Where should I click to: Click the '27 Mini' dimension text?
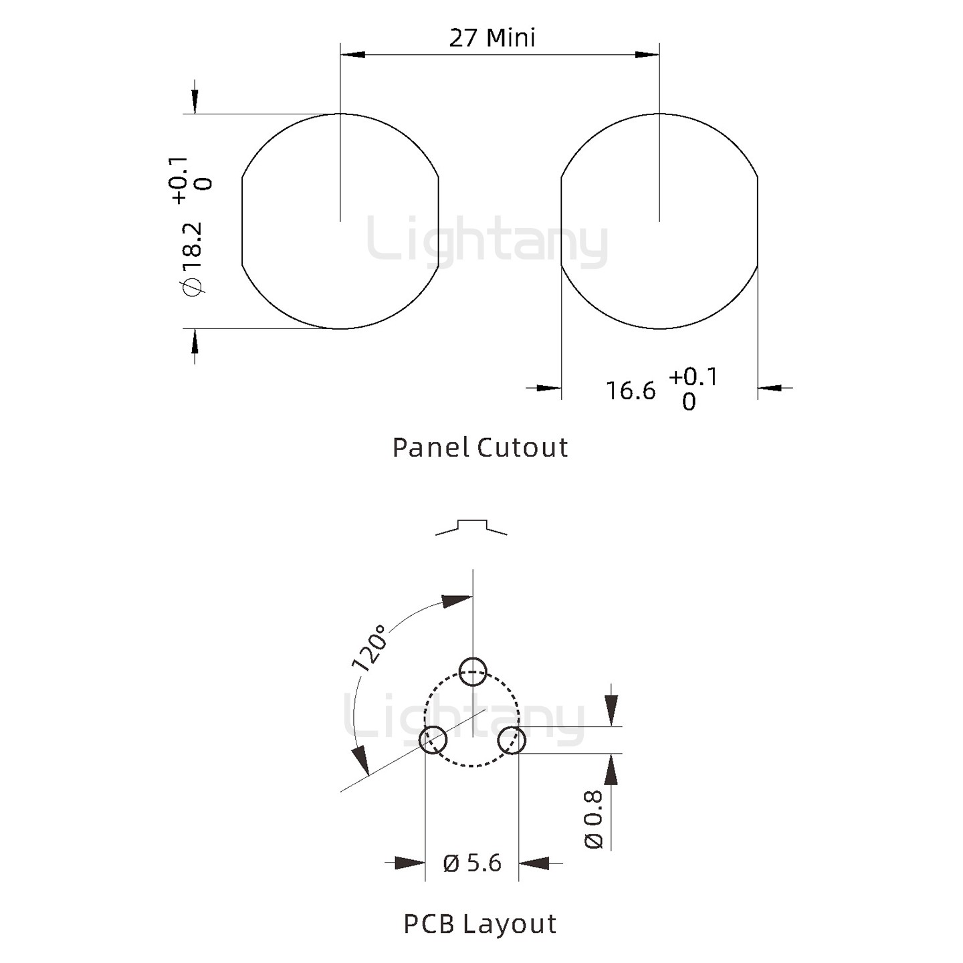[492, 38]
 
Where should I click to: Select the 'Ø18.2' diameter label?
[193, 258]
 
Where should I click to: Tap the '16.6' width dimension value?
[630, 391]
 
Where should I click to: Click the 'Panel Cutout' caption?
[479, 447]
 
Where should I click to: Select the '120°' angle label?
[370, 648]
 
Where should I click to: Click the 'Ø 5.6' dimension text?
[472, 863]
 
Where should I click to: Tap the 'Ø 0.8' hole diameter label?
[594, 819]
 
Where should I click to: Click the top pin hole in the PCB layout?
[472, 671]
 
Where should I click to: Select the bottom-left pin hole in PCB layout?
[433, 740]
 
